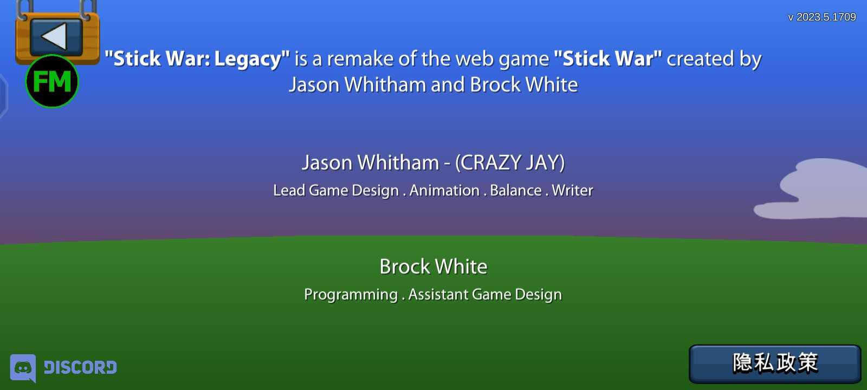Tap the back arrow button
click(x=56, y=37)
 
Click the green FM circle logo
click(x=52, y=81)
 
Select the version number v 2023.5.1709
click(x=821, y=17)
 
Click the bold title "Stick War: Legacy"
click(x=197, y=59)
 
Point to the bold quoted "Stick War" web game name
click(x=607, y=58)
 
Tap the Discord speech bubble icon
click(x=23, y=368)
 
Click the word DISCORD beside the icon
click(x=80, y=367)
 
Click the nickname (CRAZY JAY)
click(x=510, y=162)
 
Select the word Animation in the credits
click(x=444, y=190)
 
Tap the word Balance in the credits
click(x=515, y=190)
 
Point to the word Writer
click(x=572, y=190)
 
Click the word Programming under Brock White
click(x=351, y=295)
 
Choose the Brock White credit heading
click(x=433, y=266)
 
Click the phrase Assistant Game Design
click(x=485, y=295)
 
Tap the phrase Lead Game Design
click(x=336, y=191)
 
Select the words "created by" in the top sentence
click(x=714, y=60)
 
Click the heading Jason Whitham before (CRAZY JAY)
click(x=371, y=162)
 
